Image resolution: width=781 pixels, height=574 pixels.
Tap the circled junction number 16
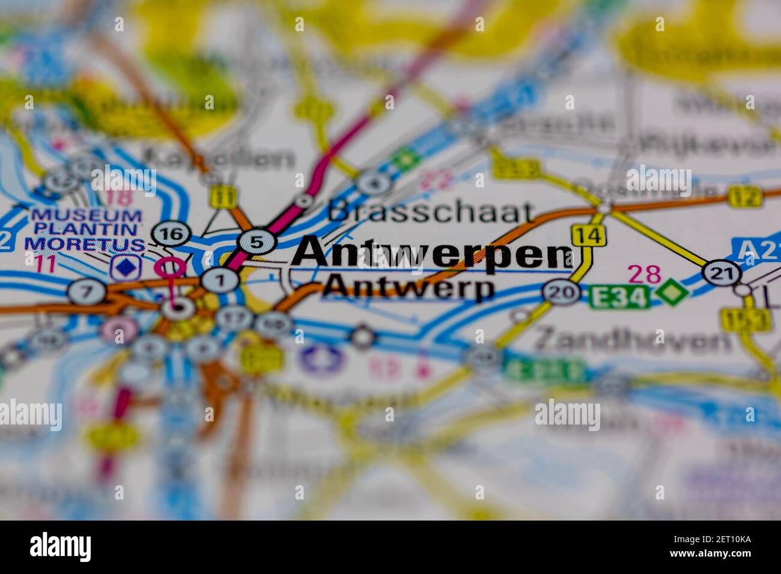172,234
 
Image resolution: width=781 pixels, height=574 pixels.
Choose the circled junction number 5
257,243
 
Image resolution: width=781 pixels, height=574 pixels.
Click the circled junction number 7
87,292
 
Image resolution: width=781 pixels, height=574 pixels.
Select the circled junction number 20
561,292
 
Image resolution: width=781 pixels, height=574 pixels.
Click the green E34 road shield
619,296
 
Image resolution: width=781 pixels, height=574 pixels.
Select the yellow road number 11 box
224,196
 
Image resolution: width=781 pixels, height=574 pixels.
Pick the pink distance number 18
117,196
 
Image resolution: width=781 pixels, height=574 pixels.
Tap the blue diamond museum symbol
124,267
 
